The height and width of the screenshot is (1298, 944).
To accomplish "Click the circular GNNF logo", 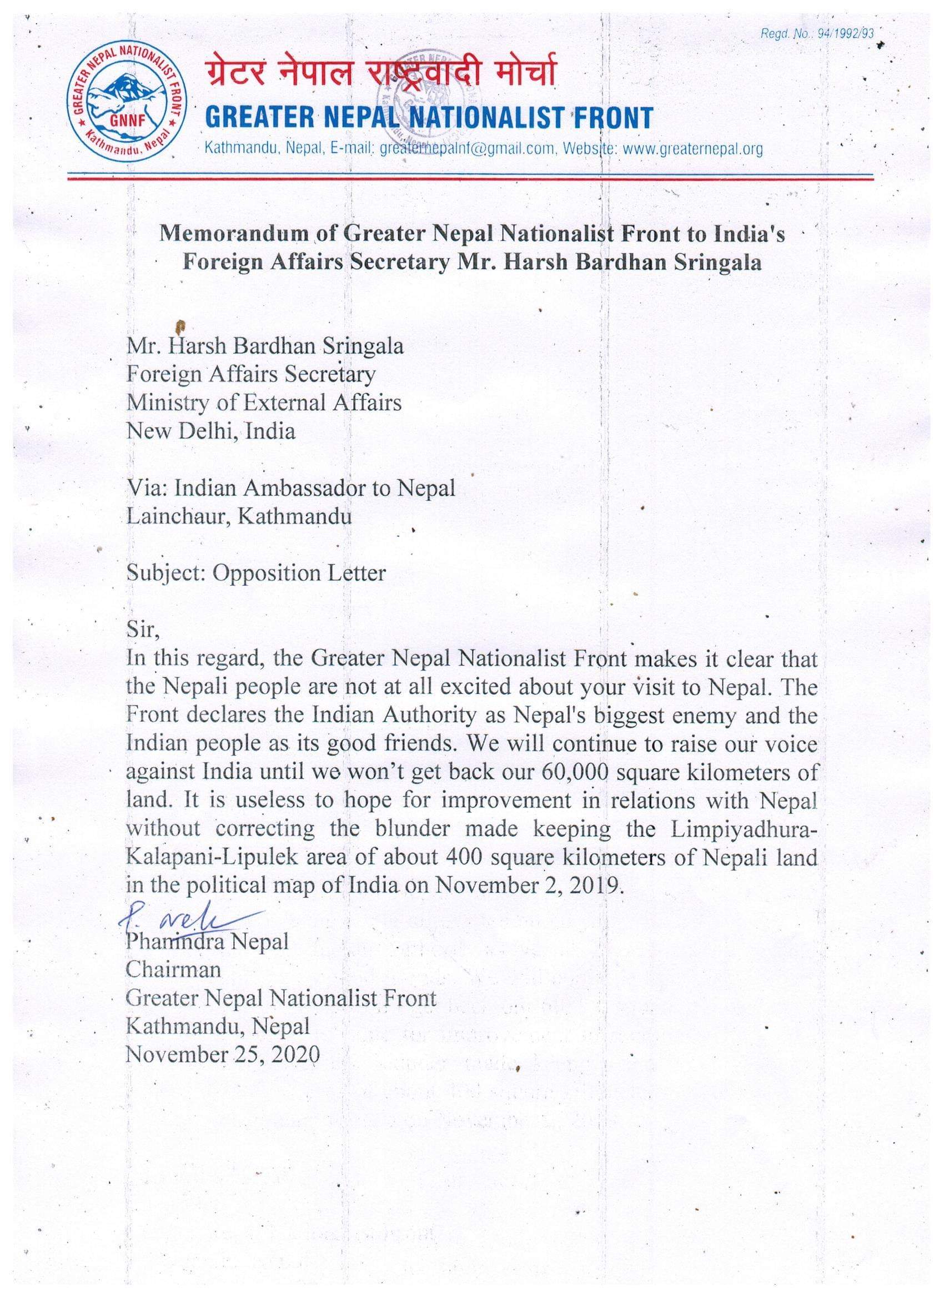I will (127, 107).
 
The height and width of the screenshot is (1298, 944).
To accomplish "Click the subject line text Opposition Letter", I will (299, 572).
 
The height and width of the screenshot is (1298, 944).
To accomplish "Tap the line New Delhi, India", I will (211, 431).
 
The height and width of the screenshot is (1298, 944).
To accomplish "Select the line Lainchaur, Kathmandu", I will (239, 516).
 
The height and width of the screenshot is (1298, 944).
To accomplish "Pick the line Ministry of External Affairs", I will (264, 403).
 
